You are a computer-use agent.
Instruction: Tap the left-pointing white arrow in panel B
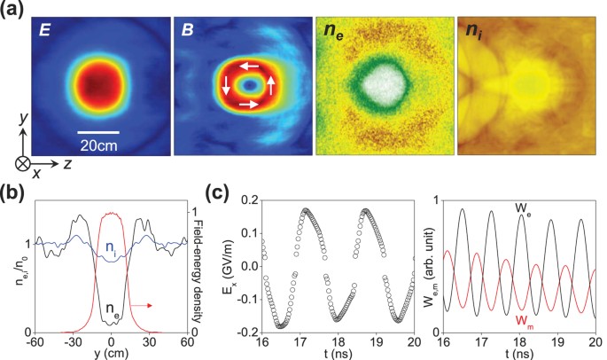[x=253, y=66]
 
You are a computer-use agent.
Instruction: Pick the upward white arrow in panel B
[x=272, y=86]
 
